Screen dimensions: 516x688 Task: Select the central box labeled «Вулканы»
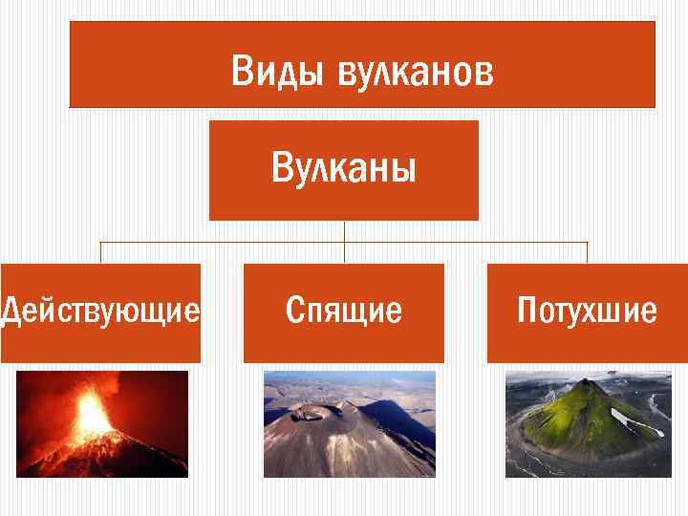coord(344,170)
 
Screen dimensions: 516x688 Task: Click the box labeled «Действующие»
coord(100,312)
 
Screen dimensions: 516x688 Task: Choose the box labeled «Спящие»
coord(344,312)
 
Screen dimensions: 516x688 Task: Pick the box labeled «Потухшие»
coord(587,312)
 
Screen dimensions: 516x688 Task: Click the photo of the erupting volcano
coord(102,423)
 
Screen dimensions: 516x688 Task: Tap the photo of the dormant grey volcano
coord(349,423)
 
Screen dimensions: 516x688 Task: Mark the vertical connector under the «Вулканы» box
coord(344,231)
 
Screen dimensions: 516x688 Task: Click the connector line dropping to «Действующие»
coord(101,252)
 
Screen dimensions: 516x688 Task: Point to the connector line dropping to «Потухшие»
coord(587,252)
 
